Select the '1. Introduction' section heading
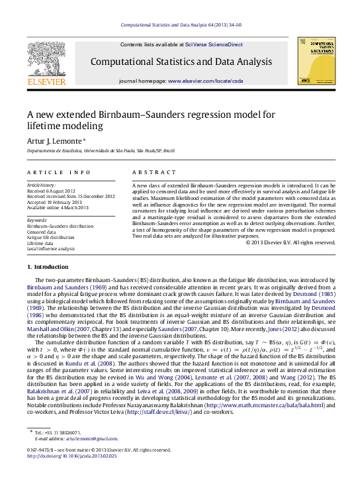48,267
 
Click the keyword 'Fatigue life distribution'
50,237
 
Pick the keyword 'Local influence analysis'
51,249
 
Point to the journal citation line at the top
180,26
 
